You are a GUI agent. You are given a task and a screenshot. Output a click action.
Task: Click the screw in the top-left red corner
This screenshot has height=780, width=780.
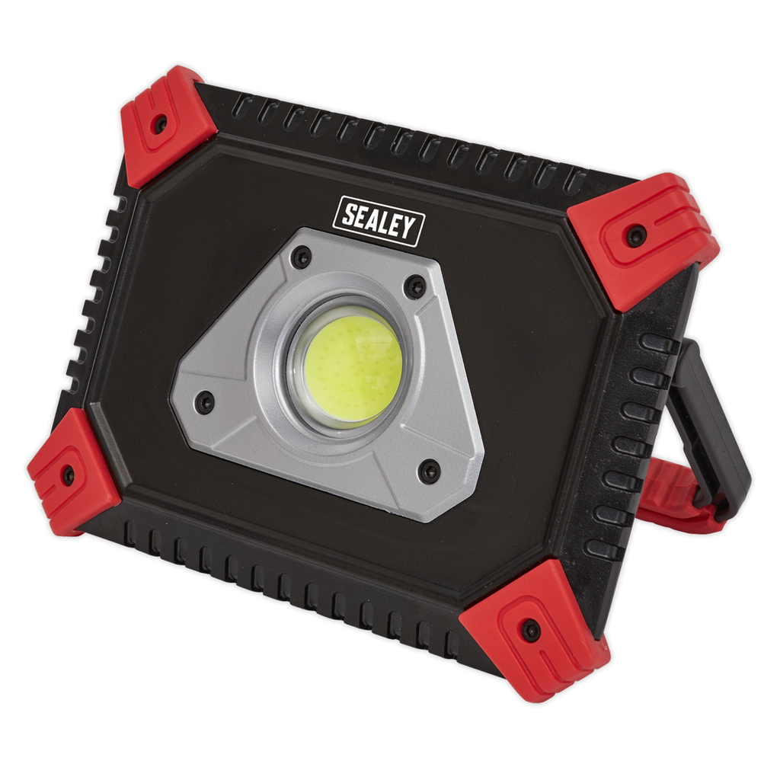click(160, 123)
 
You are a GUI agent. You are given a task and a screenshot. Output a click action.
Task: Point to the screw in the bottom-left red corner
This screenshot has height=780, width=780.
click(68, 474)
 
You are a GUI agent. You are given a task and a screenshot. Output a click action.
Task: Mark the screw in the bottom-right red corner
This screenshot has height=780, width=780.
click(531, 630)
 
